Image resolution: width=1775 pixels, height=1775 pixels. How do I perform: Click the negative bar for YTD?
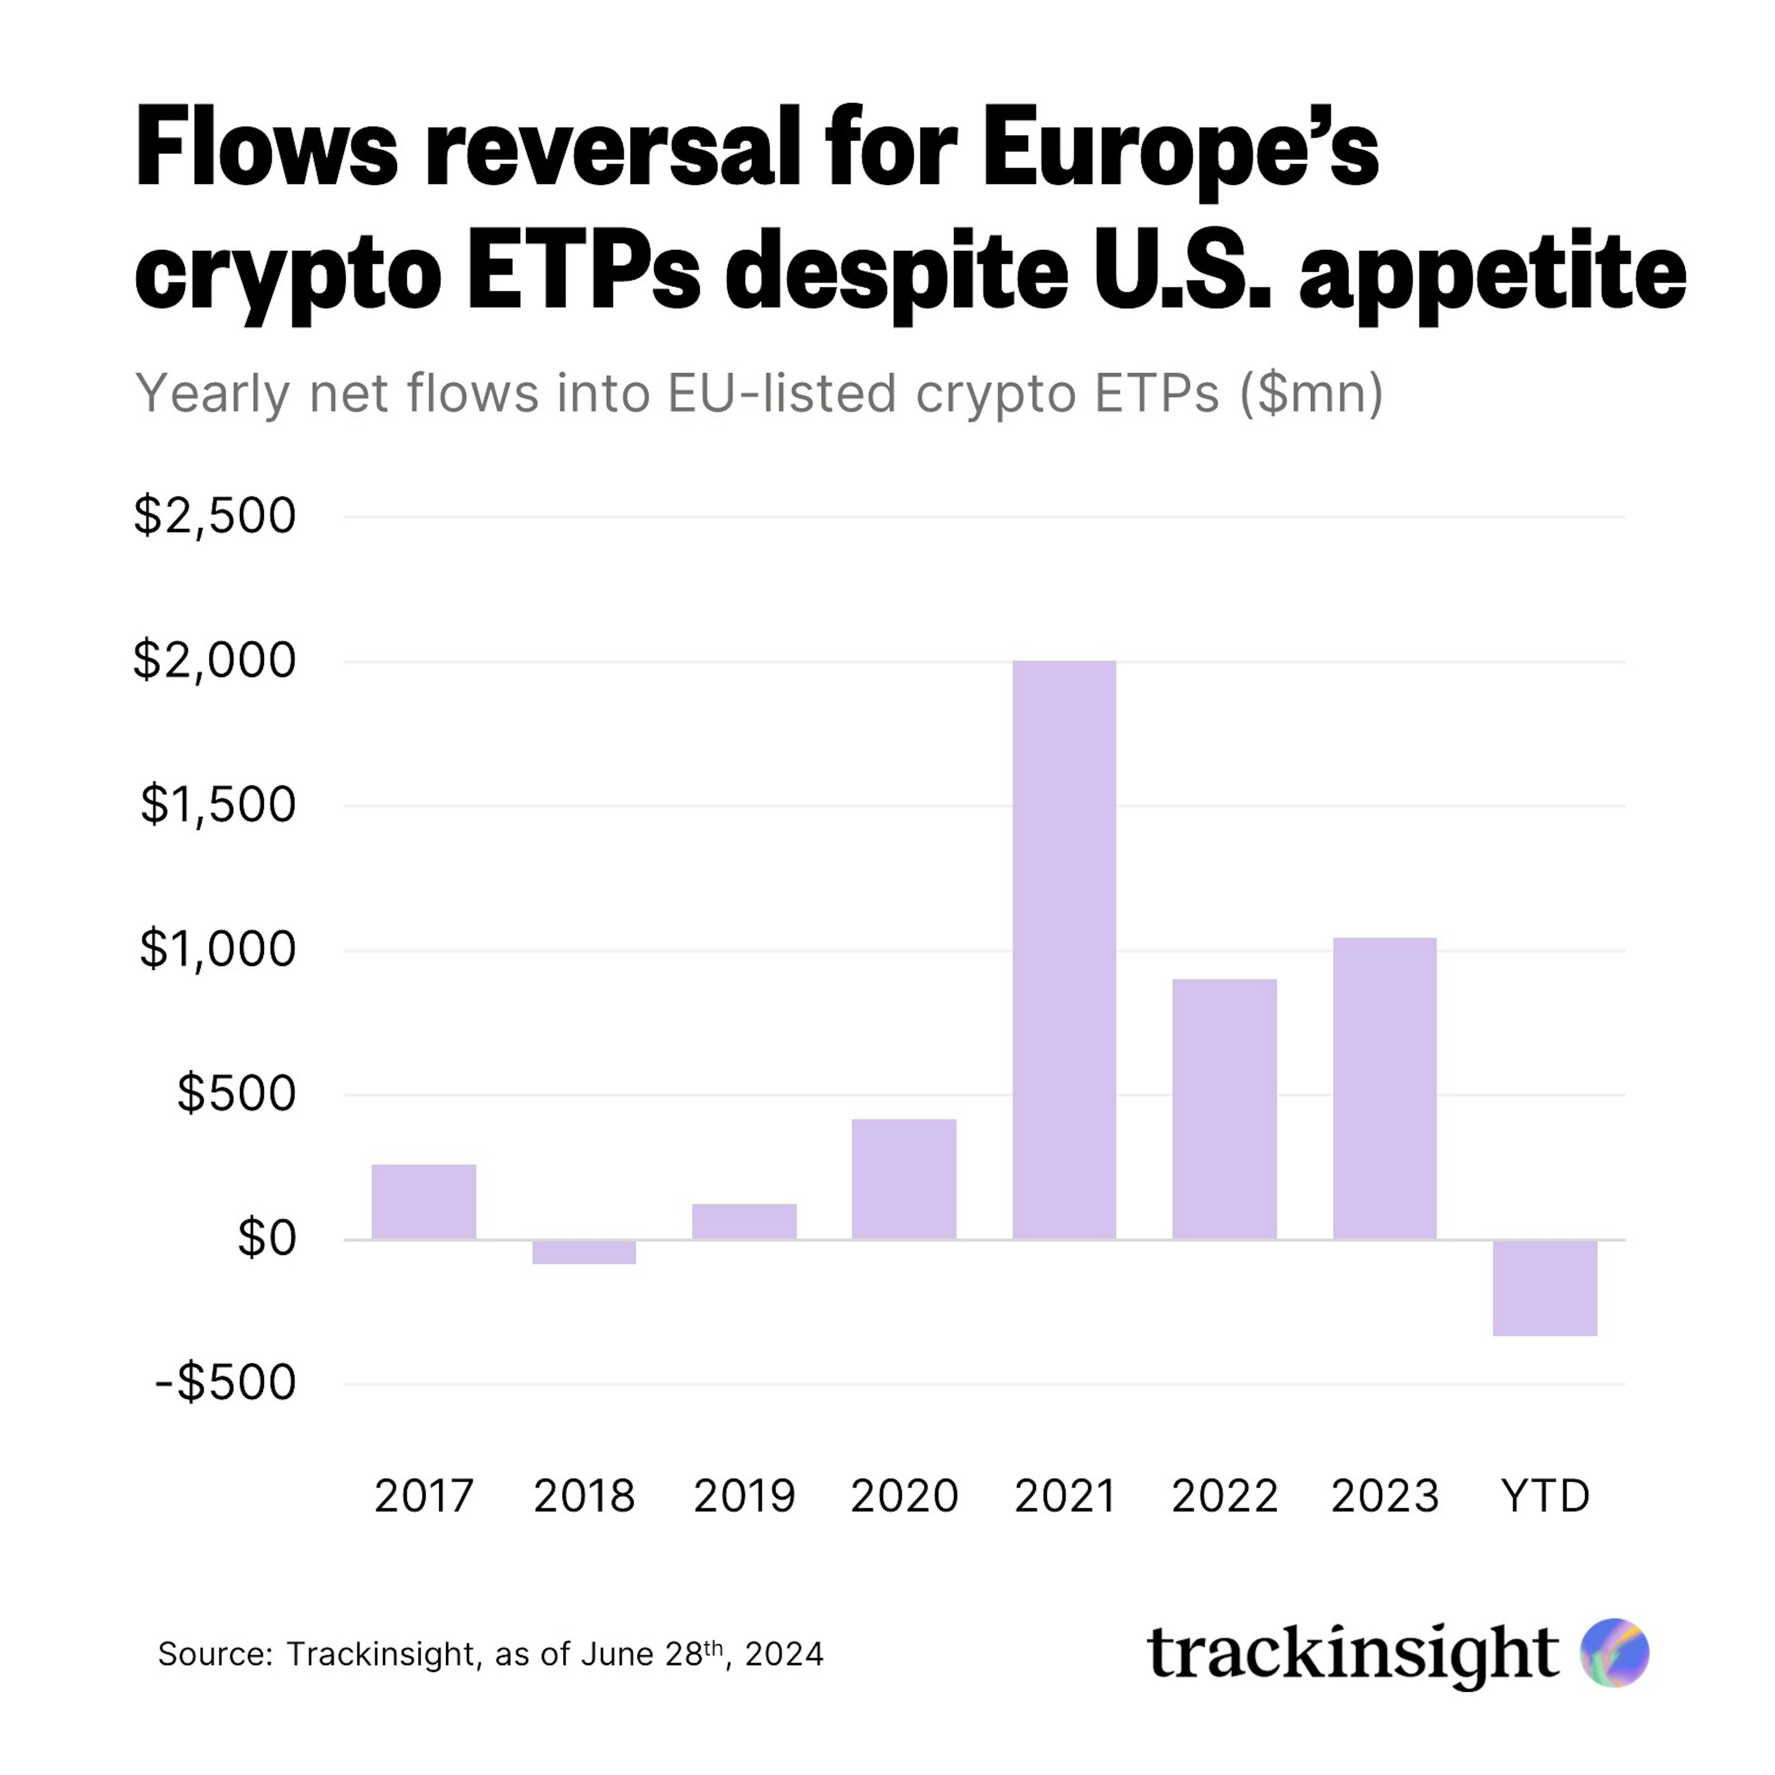(x=1544, y=1287)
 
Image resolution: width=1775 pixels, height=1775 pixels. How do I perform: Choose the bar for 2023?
(x=1384, y=1089)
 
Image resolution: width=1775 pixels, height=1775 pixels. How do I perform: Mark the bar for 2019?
(x=744, y=1222)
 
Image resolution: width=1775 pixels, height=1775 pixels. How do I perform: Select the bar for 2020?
(x=904, y=1180)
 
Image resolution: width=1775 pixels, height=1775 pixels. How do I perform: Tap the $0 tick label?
(x=266, y=1238)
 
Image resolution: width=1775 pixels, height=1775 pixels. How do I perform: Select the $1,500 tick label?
(x=218, y=805)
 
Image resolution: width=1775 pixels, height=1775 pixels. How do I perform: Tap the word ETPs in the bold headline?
(x=583, y=273)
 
